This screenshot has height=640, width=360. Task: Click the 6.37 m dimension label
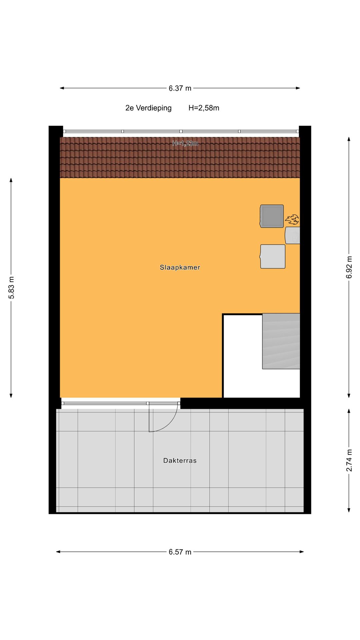tap(180, 88)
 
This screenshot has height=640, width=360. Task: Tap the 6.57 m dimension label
tap(180, 552)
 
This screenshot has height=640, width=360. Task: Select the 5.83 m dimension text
tap(11, 288)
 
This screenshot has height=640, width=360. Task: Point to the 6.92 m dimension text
tap(349, 267)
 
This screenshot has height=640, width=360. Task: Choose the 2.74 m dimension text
tap(349, 460)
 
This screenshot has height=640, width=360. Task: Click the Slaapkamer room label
tap(180, 267)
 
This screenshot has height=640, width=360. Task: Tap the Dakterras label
tap(180, 461)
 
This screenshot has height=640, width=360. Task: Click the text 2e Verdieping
tap(148, 108)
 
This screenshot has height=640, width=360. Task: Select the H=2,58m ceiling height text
tap(204, 108)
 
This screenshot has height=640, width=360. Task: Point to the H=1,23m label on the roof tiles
tap(185, 144)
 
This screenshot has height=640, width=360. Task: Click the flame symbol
tap(292, 220)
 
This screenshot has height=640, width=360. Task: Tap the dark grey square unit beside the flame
tap(272, 216)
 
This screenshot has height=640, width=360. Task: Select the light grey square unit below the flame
tap(273, 257)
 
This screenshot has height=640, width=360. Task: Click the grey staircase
tap(281, 341)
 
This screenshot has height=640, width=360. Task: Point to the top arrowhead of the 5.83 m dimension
tap(11, 180)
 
